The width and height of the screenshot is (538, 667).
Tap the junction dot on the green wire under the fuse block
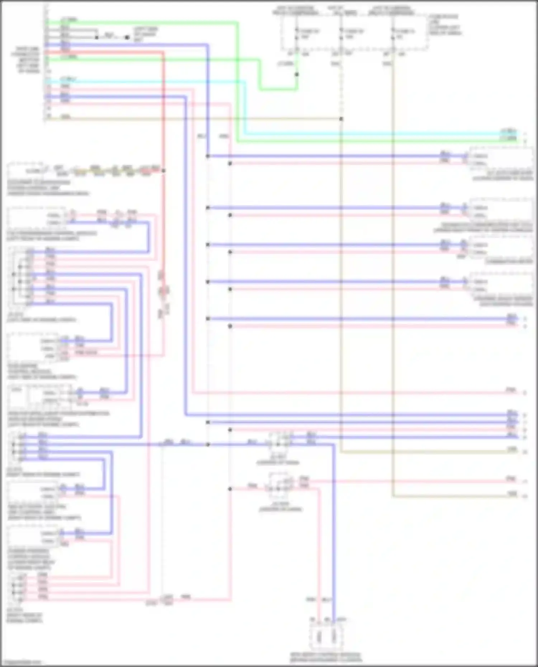(x=297, y=75)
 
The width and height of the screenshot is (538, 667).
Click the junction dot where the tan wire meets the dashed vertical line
(x=341, y=119)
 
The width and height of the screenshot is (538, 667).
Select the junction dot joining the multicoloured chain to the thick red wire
(x=163, y=171)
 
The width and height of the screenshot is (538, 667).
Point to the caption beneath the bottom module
(x=326, y=657)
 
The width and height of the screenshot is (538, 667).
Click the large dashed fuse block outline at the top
(x=354, y=32)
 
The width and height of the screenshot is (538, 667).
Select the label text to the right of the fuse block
(x=444, y=25)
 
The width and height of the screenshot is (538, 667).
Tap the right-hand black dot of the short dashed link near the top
(x=127, y=37)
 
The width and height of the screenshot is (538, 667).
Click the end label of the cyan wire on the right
(x=509, y=132)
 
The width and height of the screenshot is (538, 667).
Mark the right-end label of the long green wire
(x=509, y=138)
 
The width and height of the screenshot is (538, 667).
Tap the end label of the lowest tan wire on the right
(x=513, y=494)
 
